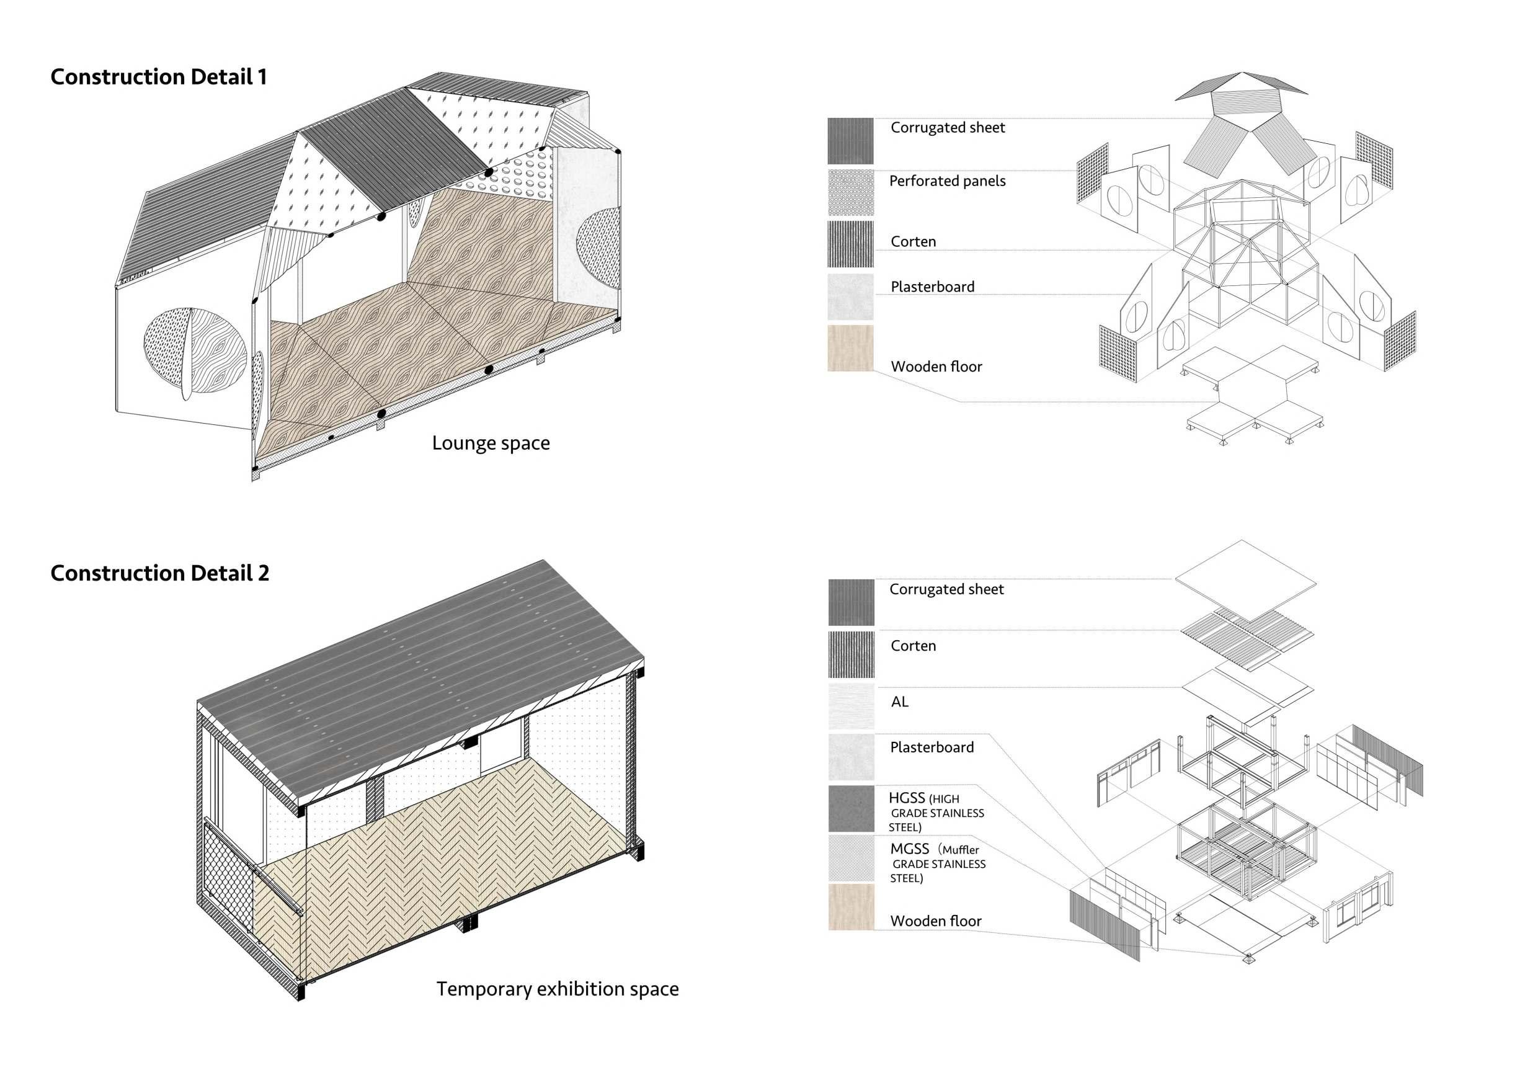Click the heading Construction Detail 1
click(159, 77)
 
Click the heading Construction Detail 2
click(159, 574)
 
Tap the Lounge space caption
click(491, 443)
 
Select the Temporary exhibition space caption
click(558, 989)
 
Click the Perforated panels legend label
click(947, 181)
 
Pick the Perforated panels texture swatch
click(851, 193)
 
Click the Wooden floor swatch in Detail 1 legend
click(851, 349)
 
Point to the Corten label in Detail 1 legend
click(913, 242)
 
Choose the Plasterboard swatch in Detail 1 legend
click(851, 296)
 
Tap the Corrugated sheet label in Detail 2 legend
click(946, 589)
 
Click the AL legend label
click(900, 702)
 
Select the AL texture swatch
click(851, 706)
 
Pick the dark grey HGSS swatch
click(851, 809)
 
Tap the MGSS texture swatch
click(851, 858)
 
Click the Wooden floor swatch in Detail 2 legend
click(851, 907)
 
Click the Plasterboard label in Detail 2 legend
click(931, 747)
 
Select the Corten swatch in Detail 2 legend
click(851, 654)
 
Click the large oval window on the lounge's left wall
click(193, 353)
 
